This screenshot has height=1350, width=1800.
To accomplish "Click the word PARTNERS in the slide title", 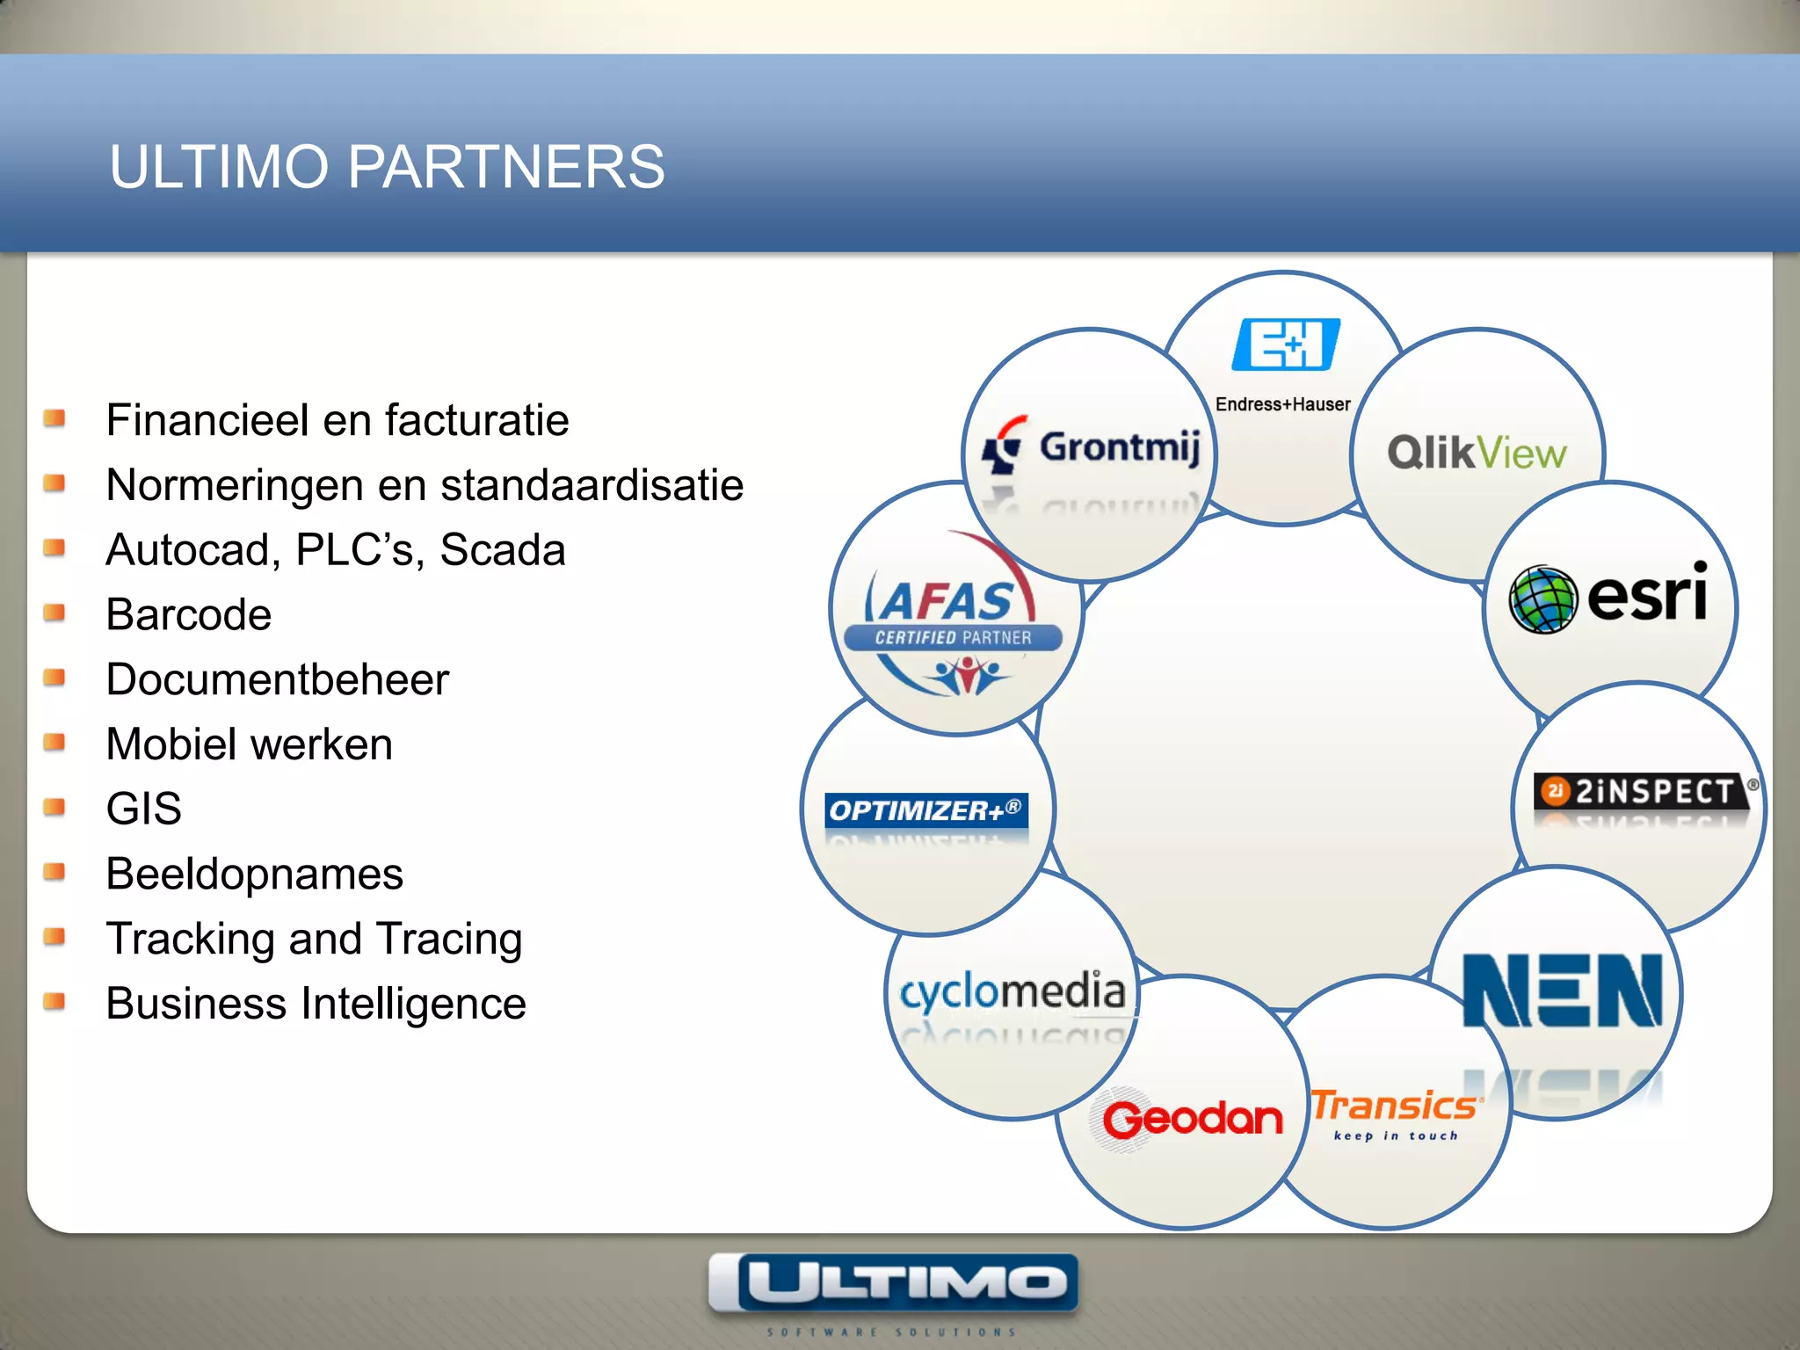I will coord(506,167).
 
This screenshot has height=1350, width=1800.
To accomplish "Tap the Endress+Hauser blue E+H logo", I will coord(1285,345).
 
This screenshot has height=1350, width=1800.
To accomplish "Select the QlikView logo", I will coord(1477,454).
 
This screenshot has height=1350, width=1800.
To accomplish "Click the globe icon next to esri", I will coord(1542,599).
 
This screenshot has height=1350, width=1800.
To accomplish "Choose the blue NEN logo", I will coord(1563,991).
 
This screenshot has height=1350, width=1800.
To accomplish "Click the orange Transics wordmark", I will coord(1394,1106).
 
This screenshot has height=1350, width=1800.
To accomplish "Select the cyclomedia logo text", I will coord(1012,991).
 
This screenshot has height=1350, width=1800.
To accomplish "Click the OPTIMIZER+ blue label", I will coord(926,809).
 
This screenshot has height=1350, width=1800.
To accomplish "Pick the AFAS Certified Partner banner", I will coord(954,637).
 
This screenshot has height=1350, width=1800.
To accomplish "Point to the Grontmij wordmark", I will coord(1119,447).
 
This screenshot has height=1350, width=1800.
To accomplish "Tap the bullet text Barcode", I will coord(188,614).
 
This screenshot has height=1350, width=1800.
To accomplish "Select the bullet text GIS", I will coord(143,809).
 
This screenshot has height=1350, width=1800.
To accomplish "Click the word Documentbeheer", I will coord(277,679).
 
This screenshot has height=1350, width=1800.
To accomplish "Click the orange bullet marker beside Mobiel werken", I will coord(54,743).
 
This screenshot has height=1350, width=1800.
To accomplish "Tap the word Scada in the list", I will coord(502,550).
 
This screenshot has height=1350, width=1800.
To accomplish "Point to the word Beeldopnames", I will coord(254,874).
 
